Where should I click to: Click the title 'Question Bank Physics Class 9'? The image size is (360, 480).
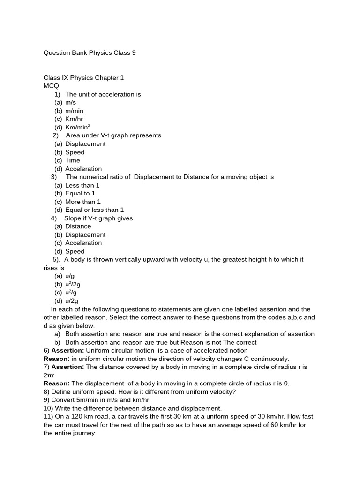90,53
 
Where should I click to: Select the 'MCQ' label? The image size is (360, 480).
51,86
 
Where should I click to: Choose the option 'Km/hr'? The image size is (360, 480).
74,119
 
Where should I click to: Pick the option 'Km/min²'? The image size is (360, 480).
77,127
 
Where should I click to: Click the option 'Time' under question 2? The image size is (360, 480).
73,160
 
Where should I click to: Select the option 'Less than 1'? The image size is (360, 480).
82,185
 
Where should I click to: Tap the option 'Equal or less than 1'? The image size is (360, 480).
94,210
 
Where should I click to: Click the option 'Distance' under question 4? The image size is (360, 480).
78,226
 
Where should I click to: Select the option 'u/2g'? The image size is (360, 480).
72,301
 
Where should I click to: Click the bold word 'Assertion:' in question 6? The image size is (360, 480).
67,350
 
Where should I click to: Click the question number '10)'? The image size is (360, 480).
48,408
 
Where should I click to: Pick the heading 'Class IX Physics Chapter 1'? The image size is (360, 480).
83,78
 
